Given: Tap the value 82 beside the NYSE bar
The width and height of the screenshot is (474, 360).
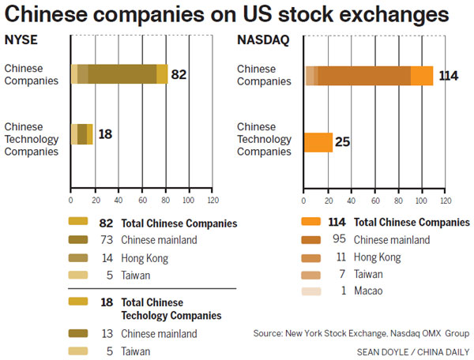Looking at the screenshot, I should [179, 74].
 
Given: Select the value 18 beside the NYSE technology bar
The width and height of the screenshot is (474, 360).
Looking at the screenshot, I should [105, 134].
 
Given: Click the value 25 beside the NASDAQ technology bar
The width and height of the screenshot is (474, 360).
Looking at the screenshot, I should [343, 142].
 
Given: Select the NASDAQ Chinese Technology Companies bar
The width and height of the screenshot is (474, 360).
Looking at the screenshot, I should [318, 142].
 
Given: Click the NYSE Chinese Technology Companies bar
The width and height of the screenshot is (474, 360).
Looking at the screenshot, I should [82, 134].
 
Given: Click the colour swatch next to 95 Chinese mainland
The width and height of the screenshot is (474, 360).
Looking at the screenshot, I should [313, 239].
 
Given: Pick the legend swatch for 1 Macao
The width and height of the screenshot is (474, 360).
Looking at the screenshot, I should [313, 291].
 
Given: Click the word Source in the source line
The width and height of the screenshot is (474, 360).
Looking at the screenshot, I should [269, 334].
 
